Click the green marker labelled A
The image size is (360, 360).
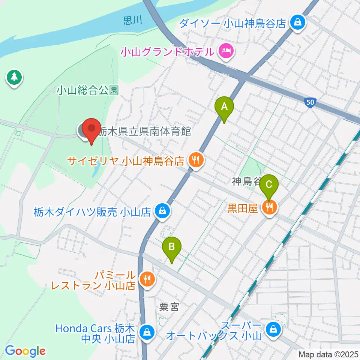point(224,107)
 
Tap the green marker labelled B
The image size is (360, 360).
point(172,247)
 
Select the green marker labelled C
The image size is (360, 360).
point(269,185)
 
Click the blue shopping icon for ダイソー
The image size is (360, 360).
point(297,23)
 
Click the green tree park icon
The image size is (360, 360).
point(14,78)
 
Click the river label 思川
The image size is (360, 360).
point(133,20)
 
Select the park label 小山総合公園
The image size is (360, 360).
point(88,90)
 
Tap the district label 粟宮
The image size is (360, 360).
point(169,307)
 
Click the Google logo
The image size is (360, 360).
point(25,351)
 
